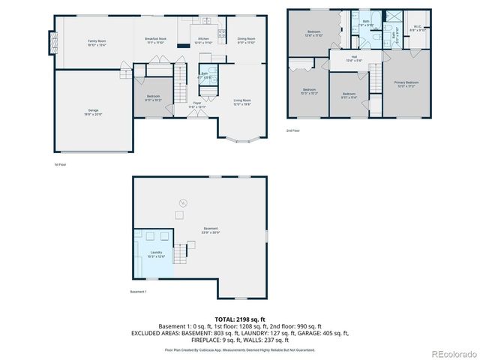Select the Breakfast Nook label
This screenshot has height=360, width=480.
tap(155, 40)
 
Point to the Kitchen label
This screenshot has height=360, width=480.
tap(203, 40)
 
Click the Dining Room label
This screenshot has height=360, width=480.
tap(246, 40)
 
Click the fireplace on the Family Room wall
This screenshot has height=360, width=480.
tap(52, 43)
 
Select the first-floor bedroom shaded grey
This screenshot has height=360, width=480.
tap(154, 97)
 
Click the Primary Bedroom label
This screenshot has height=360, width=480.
tap(406, 83)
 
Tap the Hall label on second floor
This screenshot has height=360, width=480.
tap(354, 58)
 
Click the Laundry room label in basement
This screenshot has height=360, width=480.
tap(156, 254)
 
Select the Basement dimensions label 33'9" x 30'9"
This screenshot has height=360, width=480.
tap(211, 230)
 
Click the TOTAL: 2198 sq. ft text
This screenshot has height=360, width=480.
tap(240, 319)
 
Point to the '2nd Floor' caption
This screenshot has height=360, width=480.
tap(293, 130)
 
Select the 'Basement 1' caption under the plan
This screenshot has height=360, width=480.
tap(138, 291)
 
